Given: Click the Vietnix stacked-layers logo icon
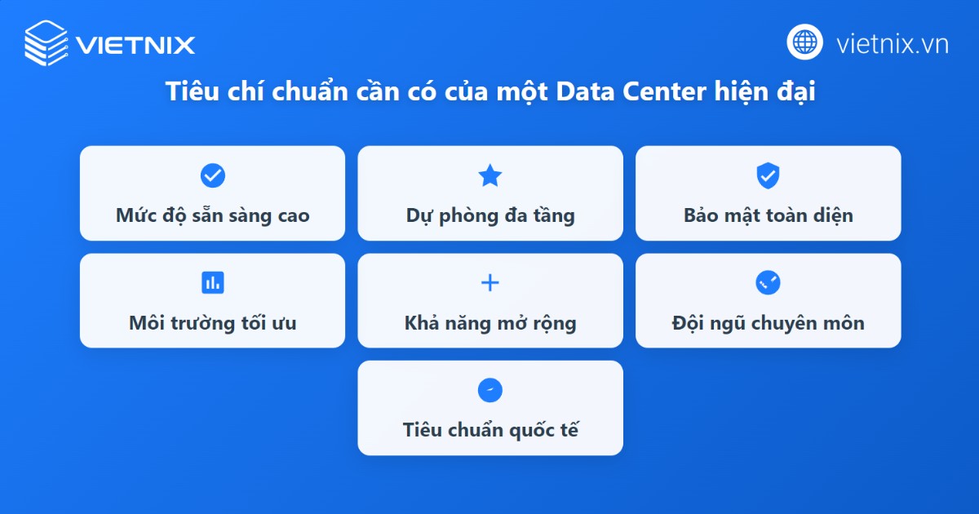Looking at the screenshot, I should (46, 42).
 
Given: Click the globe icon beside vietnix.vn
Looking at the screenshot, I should (804, 42).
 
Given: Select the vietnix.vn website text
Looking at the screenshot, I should (892, 43).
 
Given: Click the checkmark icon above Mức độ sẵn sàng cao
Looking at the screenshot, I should (212, 175).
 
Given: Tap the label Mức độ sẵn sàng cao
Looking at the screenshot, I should (212, 216).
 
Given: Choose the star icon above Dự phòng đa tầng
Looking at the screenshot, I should (489, 175).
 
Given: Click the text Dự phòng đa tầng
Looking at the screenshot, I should (490, 216).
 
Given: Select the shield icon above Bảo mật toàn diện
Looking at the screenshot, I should (768, 175).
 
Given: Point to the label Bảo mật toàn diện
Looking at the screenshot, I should (768, 216).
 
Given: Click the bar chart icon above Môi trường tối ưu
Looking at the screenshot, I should (212, 283).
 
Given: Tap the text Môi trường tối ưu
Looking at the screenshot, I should (212, 323).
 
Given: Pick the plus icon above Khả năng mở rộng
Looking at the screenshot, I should (489, 283).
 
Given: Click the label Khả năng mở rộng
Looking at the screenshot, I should (490, 323).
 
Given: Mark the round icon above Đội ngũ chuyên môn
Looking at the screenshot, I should (768, 283).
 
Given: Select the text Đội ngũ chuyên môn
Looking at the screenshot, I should (768, 323).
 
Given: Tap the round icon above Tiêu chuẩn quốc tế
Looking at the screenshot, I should (489, 390).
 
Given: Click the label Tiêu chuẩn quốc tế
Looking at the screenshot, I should (490, 430).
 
